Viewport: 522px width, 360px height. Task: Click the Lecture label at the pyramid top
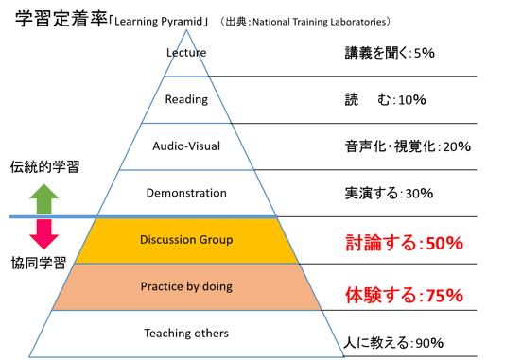(x=185, y=52)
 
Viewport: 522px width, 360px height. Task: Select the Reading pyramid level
(x=185, y=98)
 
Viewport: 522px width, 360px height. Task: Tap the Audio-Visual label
(x=185, y=146)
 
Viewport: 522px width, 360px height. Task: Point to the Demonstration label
(x=186, y=193)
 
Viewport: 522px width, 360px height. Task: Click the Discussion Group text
(x=186, y=239)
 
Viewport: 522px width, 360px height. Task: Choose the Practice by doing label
(x=186, y=286)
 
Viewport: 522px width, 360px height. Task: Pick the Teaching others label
(x=186, y=333)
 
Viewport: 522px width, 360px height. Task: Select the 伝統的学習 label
(x=44, y=166)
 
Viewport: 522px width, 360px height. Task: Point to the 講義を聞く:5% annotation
(x=389, y=54)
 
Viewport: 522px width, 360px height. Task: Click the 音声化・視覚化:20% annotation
(x=408, y=146)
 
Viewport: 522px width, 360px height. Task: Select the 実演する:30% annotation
(x=389, y=194)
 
